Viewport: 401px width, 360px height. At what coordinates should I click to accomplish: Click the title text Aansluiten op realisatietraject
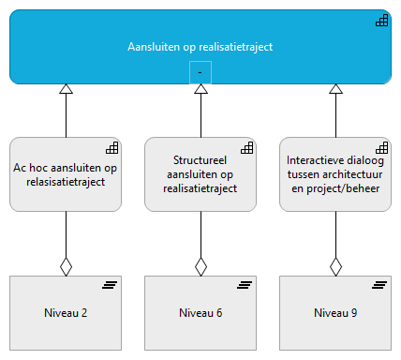click(200, 47)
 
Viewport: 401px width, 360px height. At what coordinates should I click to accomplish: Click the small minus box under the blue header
click(200, 71)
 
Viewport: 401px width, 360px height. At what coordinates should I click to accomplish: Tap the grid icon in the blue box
click(381, 21)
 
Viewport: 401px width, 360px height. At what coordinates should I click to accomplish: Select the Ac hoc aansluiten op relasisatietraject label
click(66, 174)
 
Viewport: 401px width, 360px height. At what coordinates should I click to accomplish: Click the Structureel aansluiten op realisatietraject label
click(200, 174)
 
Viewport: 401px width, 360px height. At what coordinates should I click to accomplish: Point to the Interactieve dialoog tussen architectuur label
click(335, 174)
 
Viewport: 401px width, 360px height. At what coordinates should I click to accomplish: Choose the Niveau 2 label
click(66, 312)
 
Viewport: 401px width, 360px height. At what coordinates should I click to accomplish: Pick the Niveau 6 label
click(200, 312)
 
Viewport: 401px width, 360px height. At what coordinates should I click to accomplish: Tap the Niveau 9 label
click(335, 312)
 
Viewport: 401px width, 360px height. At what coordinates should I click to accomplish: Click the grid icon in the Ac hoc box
click(111, 147)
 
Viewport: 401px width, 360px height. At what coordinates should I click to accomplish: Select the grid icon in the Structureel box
click(246, 147)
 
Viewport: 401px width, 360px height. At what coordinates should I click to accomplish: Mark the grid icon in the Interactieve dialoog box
click(381, 147)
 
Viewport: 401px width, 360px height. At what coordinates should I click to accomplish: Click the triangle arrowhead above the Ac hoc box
click(66, 89)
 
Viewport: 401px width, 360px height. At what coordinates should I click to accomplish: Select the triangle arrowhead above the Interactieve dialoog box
click(335, 89)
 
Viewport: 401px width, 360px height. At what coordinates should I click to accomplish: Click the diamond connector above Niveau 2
click(66, 266)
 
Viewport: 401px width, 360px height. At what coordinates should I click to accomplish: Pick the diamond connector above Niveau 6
click(200, 266)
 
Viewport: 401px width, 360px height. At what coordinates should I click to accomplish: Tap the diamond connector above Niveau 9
click(335, 266)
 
